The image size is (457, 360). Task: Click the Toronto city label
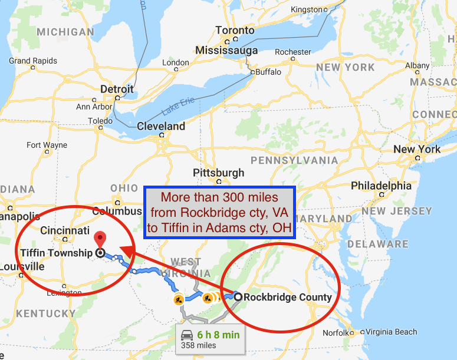point(235,31)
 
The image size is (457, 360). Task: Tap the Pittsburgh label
point(218,173)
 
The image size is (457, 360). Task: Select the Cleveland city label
point(160,126)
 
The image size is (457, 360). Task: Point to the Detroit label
point(117,89)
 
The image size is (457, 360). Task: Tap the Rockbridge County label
point(288,297)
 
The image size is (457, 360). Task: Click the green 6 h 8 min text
point(218,335)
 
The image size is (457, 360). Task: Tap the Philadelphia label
point(381,186)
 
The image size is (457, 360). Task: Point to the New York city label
point(417,149)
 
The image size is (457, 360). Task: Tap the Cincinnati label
point(65,230)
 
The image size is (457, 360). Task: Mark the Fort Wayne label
point(47,145)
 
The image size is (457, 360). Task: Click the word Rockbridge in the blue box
point(207,212)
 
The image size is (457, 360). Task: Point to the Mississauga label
point(226,50)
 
